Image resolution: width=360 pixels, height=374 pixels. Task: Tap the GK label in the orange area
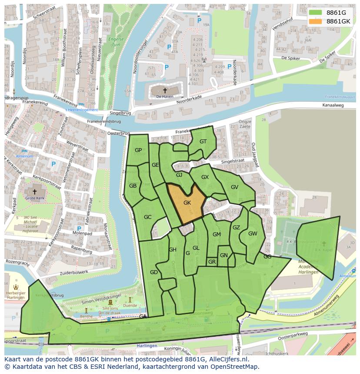(x=187, y=203)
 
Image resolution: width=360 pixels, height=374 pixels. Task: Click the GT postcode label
(x=203, y=142)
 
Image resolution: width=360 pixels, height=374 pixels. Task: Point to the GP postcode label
(x=138, y=150)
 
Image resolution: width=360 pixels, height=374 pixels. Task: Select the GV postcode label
(x=234, y=187)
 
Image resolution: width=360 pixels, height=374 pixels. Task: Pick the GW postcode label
(x=253, y=233)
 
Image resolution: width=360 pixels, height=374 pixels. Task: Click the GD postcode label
(x=153, y=272)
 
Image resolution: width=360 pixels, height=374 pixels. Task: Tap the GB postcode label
(x=133, y=185)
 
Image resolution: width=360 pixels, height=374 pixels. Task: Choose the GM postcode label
(x=217, y=235)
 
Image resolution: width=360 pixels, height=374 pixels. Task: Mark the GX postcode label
(x=205, y=177)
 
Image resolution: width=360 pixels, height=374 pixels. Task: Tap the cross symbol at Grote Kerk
(x=35, y=191)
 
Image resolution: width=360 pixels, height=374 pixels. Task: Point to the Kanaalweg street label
(x=333, y=106)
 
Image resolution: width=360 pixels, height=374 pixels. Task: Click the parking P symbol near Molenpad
(x=79, y=228)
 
